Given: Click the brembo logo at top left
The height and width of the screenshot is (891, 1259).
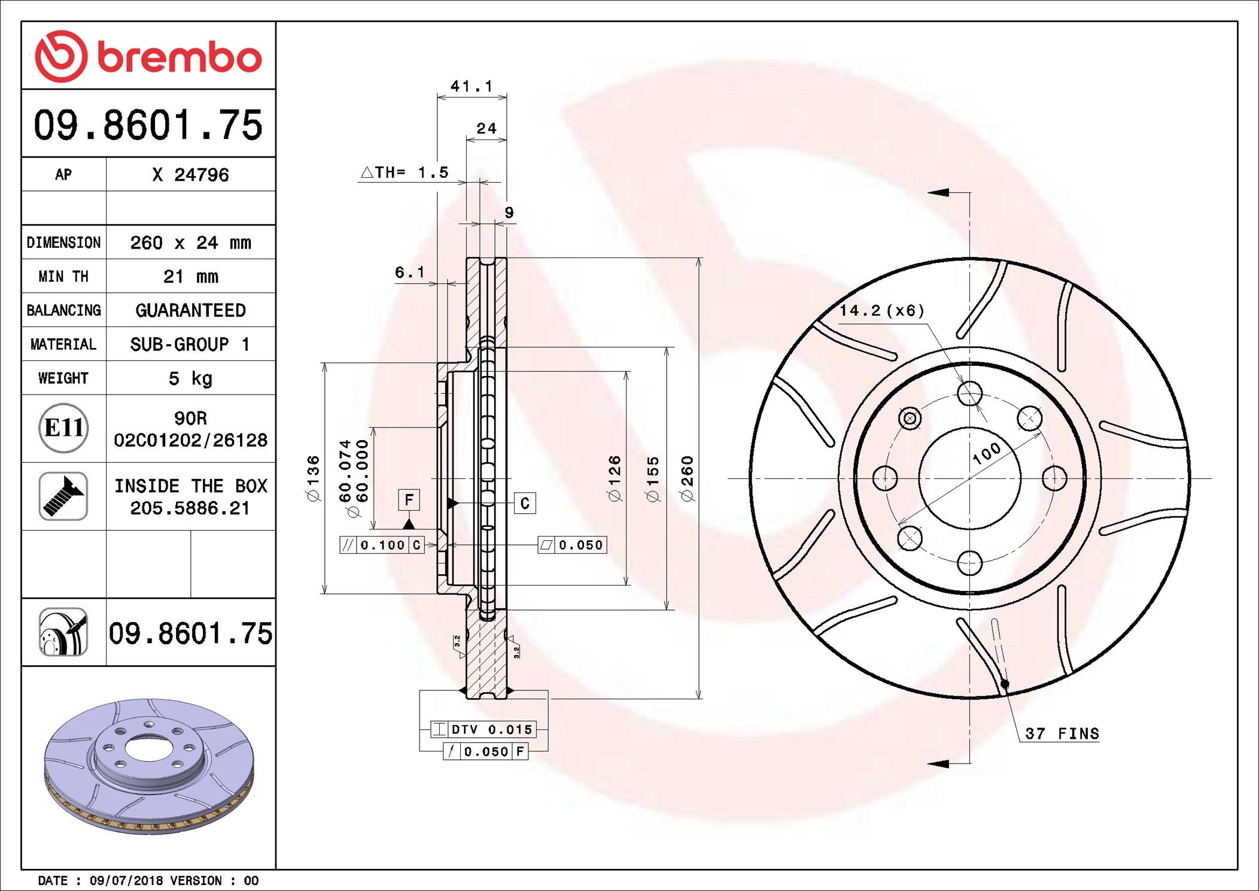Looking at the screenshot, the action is [x=148, y=56].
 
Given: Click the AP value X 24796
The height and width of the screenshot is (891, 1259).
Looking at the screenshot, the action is [x=190, y=175].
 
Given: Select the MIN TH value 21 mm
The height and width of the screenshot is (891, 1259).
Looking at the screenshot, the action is [x=190, y=277].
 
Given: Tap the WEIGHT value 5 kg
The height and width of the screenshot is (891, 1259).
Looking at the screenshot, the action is [x=190, y=378].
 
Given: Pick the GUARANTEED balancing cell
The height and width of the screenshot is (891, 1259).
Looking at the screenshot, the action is [x=190, y=310].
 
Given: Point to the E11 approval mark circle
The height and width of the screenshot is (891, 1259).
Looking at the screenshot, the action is [x=63, y=428].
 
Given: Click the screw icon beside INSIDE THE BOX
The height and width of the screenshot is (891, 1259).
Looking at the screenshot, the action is [x=63, y=496].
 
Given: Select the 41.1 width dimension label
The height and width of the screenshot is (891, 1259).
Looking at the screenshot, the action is [x=472, y=87].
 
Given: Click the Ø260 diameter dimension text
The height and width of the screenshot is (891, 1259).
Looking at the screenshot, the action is [x=687, y=478].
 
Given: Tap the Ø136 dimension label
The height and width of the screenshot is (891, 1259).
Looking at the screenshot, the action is [x=313, y=478].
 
